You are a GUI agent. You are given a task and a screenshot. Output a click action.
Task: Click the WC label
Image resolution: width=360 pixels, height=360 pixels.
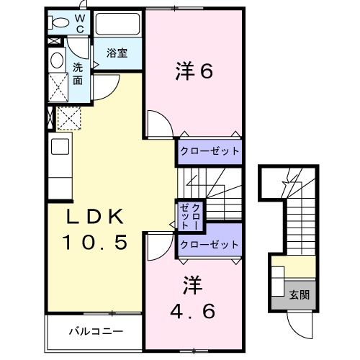tap(80, 22)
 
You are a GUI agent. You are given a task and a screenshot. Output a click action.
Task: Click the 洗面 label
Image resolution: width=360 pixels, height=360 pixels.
tap(78, 73)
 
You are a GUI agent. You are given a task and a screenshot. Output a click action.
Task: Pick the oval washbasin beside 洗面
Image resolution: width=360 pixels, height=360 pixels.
tap(58, 61)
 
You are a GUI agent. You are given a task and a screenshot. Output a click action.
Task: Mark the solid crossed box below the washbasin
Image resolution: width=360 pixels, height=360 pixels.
tap(58, 90)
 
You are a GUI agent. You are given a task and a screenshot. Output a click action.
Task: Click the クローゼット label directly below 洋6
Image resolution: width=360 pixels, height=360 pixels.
tap(209, 152)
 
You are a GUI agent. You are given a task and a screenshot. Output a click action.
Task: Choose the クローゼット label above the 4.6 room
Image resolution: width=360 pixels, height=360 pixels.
tap(209, 245)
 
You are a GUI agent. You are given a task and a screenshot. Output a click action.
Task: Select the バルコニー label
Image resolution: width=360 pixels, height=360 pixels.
tap(95, 332)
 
